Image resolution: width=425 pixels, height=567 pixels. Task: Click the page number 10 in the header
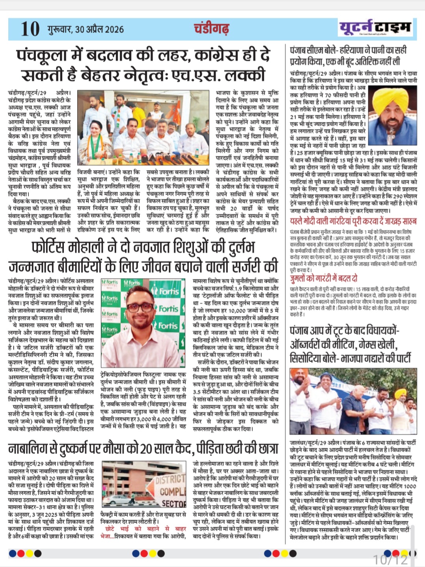point(30,29)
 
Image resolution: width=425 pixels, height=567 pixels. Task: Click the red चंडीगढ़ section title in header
point(211,28)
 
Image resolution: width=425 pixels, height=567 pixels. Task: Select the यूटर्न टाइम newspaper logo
point(375,27)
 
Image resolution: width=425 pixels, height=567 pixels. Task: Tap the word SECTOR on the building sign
point(173,504)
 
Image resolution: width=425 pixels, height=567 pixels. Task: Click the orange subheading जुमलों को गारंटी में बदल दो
point(324,278)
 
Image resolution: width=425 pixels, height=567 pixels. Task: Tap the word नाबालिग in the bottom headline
point(30,449)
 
